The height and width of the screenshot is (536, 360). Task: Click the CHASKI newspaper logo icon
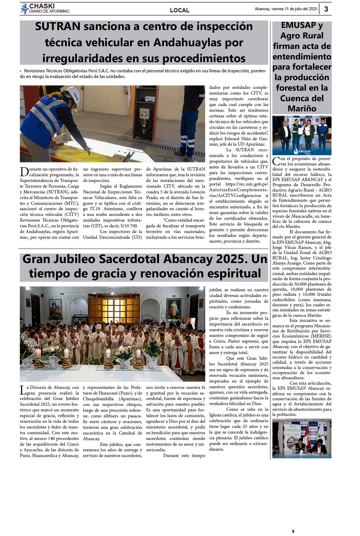tap(24, 9)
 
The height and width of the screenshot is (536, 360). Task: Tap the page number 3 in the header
tap(326, 9)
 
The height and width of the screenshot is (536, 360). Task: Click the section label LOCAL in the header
tap(180, 10)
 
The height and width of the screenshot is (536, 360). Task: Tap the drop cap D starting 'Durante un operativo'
tap(24, 172)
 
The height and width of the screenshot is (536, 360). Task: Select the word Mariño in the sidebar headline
tap(302, 108)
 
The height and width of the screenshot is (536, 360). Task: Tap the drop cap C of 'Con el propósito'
tap(276, 161)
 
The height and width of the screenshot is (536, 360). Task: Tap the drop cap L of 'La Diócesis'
tap(22, 390)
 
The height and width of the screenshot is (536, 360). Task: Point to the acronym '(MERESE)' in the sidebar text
tap(321, 336)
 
